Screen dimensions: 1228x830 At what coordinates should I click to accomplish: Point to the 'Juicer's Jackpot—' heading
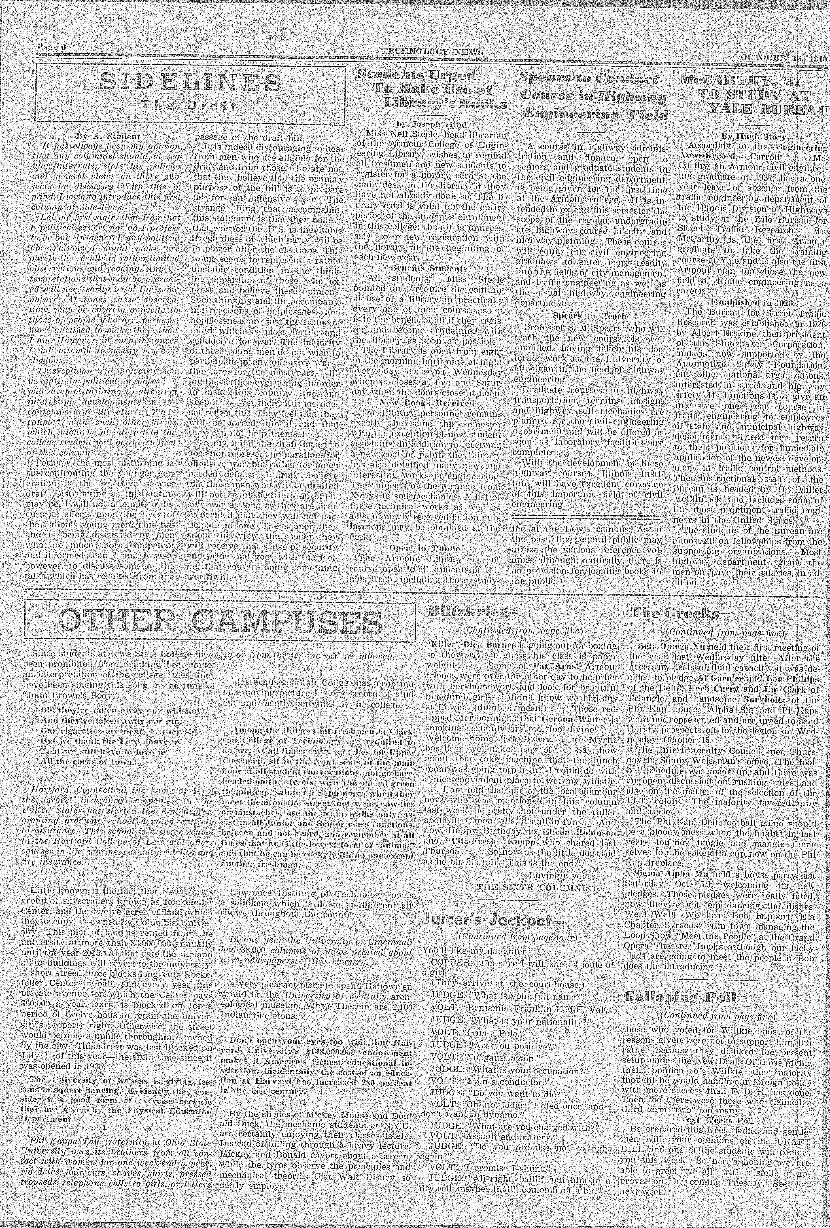[x=493, y=920]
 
